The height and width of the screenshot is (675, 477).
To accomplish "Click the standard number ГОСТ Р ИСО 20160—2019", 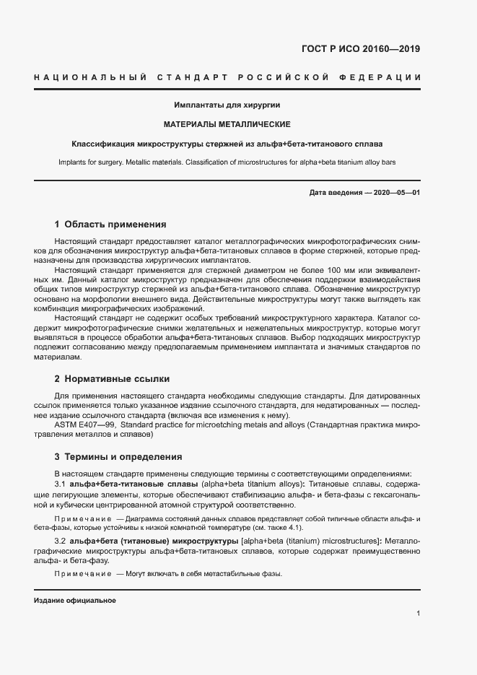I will (x=360, y=50).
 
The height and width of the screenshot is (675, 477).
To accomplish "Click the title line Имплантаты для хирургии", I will (x=227, y=105).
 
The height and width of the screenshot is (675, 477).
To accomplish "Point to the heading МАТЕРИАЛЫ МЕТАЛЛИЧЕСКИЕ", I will (x=227, y=124).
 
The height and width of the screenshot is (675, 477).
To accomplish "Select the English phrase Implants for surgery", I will (x=92, y=162).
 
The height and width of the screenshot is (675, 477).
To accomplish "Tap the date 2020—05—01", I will (x=395, y=193).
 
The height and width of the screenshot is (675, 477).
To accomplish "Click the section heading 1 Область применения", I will (x=110, y=225).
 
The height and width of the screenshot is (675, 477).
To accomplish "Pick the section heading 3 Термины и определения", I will (x=119, y=457).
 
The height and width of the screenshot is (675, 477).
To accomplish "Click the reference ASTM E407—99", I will (x=84, y=425).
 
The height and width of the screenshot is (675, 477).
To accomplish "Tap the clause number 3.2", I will (x=61, y=541).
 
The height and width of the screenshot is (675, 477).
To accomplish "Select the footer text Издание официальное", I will (x=75, y=601).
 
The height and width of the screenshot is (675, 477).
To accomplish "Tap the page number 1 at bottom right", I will (x=419, y=614).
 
